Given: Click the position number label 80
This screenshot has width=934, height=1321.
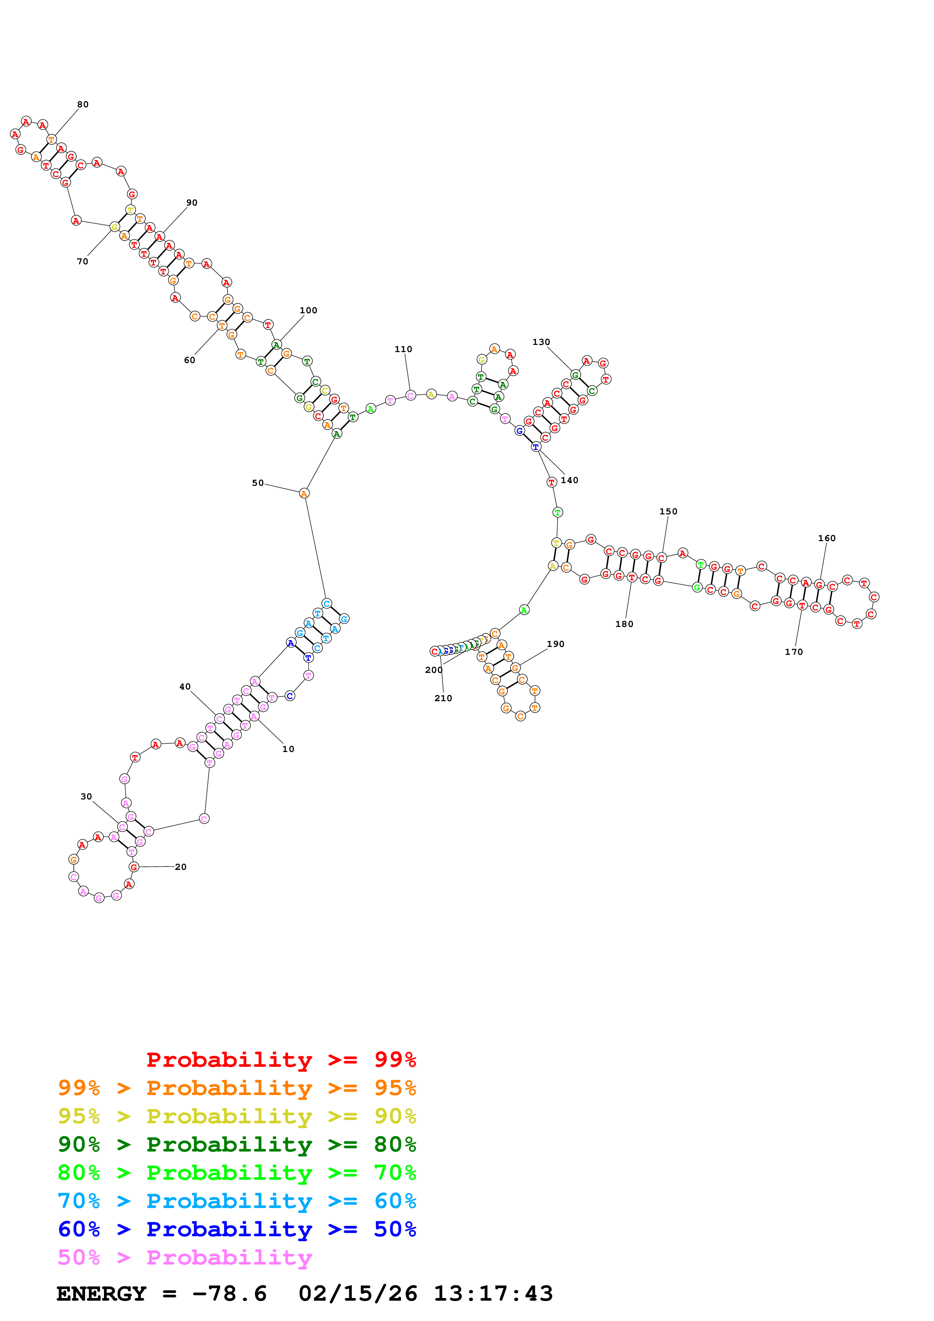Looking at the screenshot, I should pos(83,105).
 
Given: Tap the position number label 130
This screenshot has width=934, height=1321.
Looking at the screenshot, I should pos(541,342).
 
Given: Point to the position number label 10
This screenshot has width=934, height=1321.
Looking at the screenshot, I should pos(288,749).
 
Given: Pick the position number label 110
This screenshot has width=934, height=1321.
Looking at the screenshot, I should pos(404,349).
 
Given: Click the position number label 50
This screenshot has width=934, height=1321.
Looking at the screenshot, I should pos(258,483).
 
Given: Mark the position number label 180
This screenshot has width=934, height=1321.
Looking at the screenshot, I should pos(624,624).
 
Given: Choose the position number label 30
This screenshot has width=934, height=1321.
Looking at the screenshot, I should pos(86,797).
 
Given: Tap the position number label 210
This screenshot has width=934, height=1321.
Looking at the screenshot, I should pos(443,699).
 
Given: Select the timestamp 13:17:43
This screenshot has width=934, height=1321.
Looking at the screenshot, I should pos(493,1294).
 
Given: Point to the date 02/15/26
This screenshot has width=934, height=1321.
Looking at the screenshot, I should pos(358,1294).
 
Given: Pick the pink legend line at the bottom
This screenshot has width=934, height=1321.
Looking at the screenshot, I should pos(185,1258).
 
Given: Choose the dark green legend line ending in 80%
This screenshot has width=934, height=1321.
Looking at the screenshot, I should pos(237,1144).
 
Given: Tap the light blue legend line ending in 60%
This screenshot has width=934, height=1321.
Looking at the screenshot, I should pos(237,1201).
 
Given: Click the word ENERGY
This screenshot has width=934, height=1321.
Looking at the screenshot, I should pos(101,1294).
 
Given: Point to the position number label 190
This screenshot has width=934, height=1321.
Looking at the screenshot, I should pos(555,644).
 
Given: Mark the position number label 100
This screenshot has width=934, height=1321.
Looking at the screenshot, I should pos(309,311).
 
